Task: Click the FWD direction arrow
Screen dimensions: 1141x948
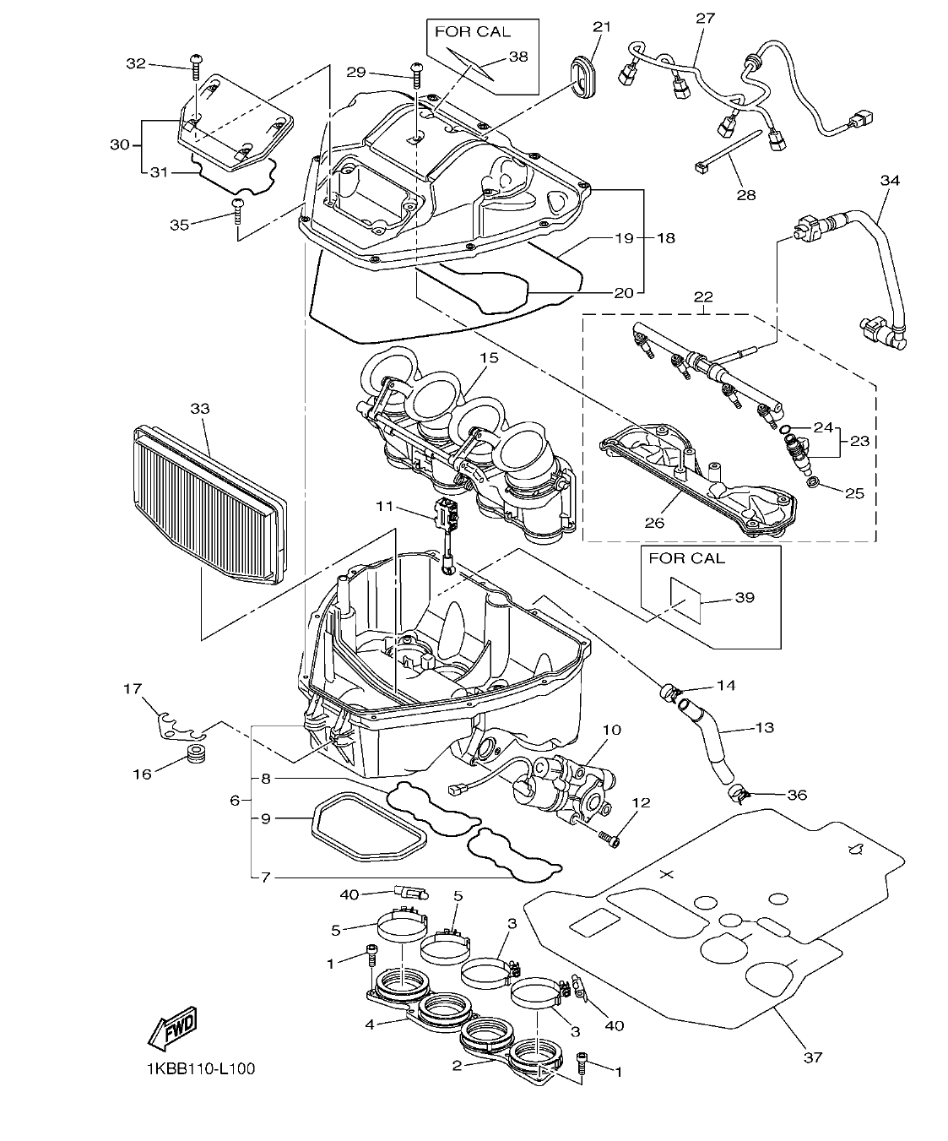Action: click(x=172, y=1028)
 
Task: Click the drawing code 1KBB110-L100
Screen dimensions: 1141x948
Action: click(x=199, y=1068)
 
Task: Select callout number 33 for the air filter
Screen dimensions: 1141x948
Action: click(x=199, y=408)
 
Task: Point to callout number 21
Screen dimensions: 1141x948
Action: click(x=600, y=27)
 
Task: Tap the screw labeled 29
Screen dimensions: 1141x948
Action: click(x=415, y=74)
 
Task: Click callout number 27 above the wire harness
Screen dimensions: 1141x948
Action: click(x=705, y=18)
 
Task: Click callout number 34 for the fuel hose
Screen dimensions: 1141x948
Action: click(x=889, y=180)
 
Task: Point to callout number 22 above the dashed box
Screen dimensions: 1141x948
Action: click(x=703, y=297)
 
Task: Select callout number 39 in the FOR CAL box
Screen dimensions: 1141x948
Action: click(x=744, y=597)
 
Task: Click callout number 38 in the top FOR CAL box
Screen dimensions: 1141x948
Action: click(x=517, y=57)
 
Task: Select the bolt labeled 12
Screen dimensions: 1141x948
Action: click(x=609, y=839)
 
